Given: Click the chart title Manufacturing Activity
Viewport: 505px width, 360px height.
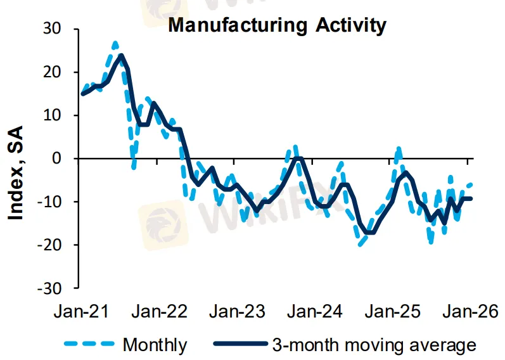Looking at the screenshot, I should [x=276, y=25].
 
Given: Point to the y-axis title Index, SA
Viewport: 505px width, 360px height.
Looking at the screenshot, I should [x=16, y=172].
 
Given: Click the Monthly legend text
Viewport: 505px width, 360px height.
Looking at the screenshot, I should [x=155, y=345].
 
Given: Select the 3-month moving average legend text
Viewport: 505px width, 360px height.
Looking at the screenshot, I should [x=374, y=345].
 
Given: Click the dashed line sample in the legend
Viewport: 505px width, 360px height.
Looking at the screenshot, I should [x=89, y=345].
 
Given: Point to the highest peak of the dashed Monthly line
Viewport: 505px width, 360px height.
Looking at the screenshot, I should [x=115, y=43].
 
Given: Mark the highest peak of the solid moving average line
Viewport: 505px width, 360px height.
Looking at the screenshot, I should [x=121, y=55].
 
